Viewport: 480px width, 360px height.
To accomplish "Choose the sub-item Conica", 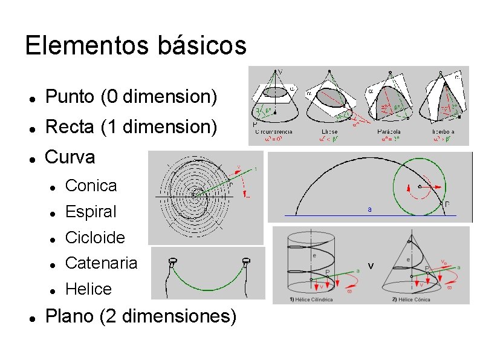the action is click(x=91, y=186).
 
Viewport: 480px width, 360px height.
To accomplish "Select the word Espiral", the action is click(x=91, y=212).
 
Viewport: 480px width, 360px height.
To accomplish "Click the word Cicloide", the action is click(x=95, y=237).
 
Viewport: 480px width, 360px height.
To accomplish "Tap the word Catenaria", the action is click(x=101, y=263).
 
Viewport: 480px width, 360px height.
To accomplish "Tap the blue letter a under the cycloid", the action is click(x=369, y=210).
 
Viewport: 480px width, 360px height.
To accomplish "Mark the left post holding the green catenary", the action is click(x=172, y=264).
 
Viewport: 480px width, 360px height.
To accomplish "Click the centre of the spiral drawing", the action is click(x=197, y=194).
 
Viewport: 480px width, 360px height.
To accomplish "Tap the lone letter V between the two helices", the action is click(x=371, y=266).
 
